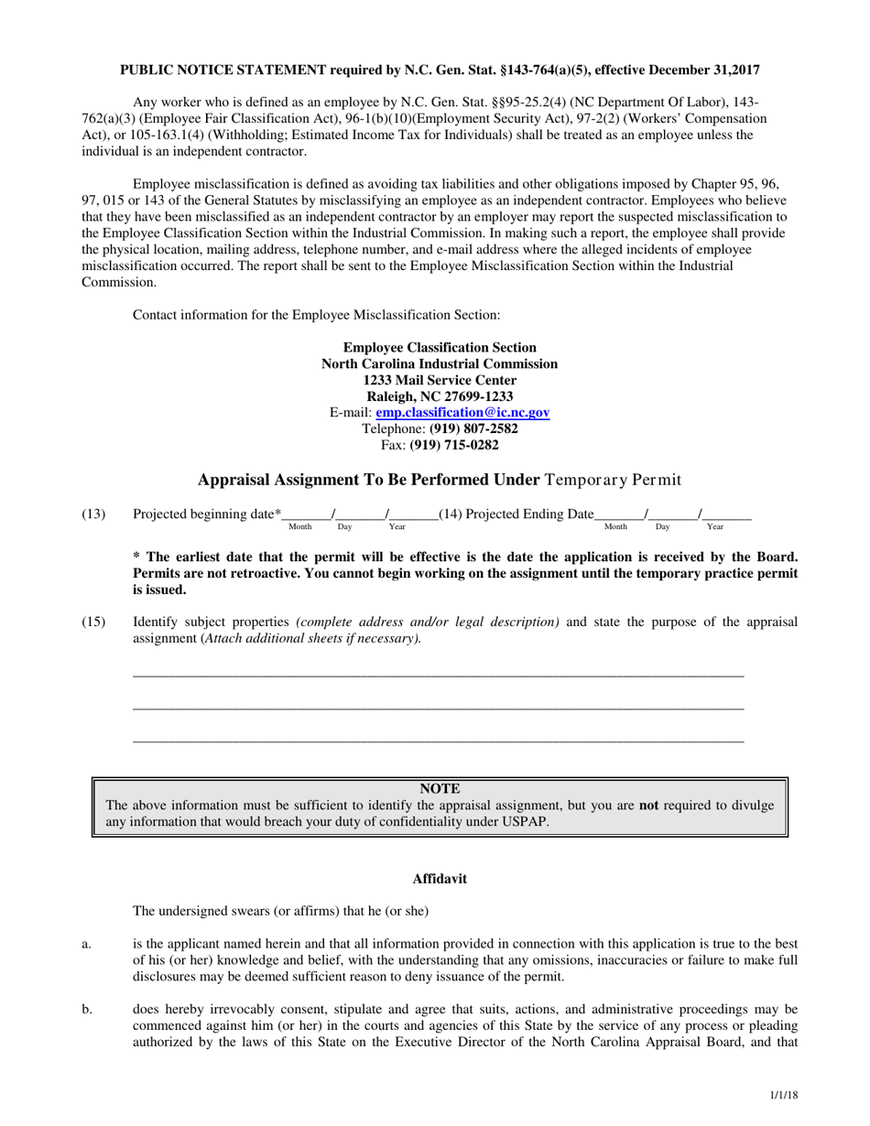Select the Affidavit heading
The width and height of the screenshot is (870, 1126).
click(440, 879)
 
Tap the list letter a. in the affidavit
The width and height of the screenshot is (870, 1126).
click(86, 943)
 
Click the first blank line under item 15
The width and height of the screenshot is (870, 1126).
click(439, 676)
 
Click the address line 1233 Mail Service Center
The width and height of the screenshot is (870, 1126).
click(440, 380)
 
